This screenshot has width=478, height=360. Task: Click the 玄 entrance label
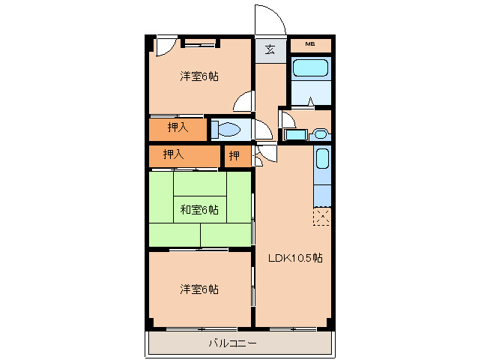pyautogui.click(x=270, y=51)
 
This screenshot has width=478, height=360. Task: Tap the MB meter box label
pyautogui.click(x=309, y=45)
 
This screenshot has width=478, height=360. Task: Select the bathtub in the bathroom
pyautogui.click(x=309, y=69)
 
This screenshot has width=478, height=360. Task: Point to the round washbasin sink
pyautogui.click(x=321, y=134)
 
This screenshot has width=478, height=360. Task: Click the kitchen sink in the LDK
pyautogui.click(x=321, y=159)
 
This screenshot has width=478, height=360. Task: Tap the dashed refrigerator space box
pyautogui.click(x=322, y=217)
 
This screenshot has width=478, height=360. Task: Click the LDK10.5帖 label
pyautogui.click(x=295, y=258)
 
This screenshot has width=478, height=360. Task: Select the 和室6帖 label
pyautogui.click(x=199, y=209)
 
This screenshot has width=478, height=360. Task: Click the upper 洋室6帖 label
pyautogui.click(x=199, y=76)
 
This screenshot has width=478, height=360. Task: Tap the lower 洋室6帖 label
pyautogui.click(x=199, y=289)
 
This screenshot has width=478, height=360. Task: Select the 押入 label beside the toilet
pyautogui.click(x=178, y=128)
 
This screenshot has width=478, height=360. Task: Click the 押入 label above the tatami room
pyautogui.click(x=173, y=154)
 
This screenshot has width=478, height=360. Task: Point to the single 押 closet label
pyautogui.click(x=235, y=156)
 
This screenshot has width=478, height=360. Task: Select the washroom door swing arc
pyautogui.click(x=288, y=120)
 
